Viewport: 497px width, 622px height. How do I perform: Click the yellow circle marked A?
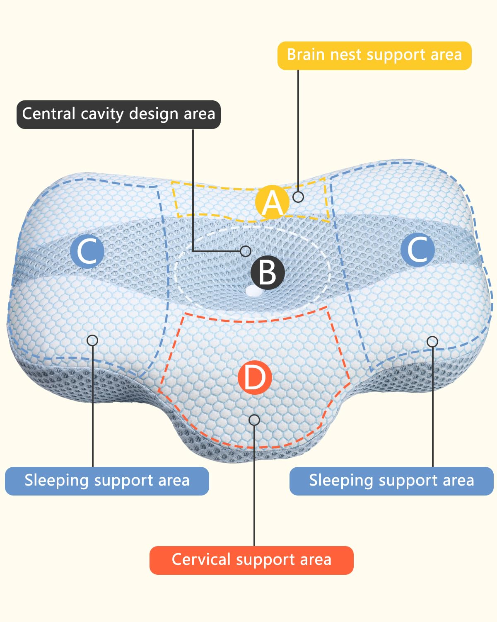pos(272,202)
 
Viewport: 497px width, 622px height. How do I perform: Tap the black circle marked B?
pos(268,272)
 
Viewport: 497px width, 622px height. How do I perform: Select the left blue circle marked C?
pos(87,251)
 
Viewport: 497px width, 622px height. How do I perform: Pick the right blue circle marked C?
pos(417,249)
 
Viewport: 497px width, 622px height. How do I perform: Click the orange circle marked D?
pos(255,378)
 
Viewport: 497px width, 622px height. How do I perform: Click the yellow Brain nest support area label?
pos(374,55)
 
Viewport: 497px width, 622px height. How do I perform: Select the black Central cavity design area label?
pos(118,114)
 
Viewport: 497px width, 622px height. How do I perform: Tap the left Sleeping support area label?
pos(107,481)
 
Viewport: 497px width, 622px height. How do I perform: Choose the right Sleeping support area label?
pos(391,481)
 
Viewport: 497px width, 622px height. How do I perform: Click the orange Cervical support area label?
pos(251,560)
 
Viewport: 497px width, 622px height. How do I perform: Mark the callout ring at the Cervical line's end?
pos(254,420)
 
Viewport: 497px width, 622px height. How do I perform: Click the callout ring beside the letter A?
pos(298,197)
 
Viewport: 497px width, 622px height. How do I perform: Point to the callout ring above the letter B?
pos(246,251)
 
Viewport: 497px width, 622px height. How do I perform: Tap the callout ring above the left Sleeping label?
pos(92,340)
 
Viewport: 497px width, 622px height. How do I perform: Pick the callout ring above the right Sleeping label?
pos(432,342)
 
